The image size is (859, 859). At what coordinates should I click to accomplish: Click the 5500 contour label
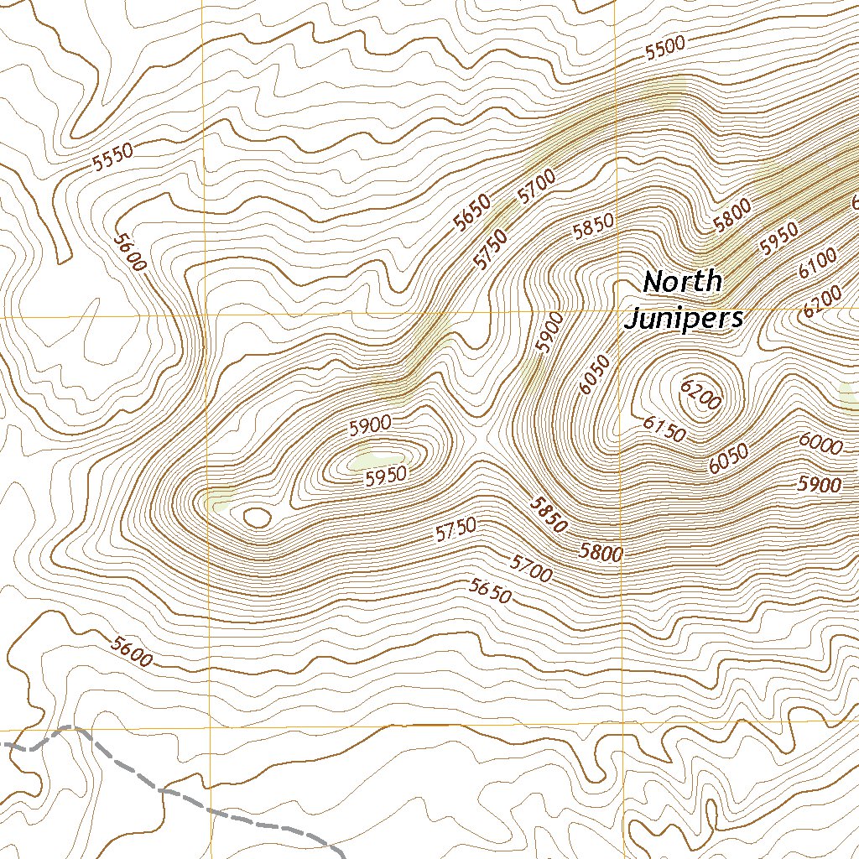click(x=665, y=49)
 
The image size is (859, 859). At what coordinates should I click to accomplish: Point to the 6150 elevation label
click(x=665, y=428)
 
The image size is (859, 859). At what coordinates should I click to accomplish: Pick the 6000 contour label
click(x=820, y=444)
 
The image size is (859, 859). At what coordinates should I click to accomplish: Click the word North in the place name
click(x=682, y=282)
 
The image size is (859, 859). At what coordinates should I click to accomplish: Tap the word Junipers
click(x=685, y=319)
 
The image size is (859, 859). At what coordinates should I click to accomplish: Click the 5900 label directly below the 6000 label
click(x=820, y=484)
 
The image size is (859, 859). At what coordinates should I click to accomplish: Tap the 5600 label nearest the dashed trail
click(x=132, y=653)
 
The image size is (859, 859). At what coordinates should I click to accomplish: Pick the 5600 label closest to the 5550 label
click(x=130, y=252)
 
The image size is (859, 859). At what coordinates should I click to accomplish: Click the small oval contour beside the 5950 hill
click(x=257, y=517)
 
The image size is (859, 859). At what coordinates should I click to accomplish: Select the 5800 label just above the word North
click(x=731, y=216)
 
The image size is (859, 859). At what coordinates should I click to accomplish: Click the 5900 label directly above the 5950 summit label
click(x=370, y=425)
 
